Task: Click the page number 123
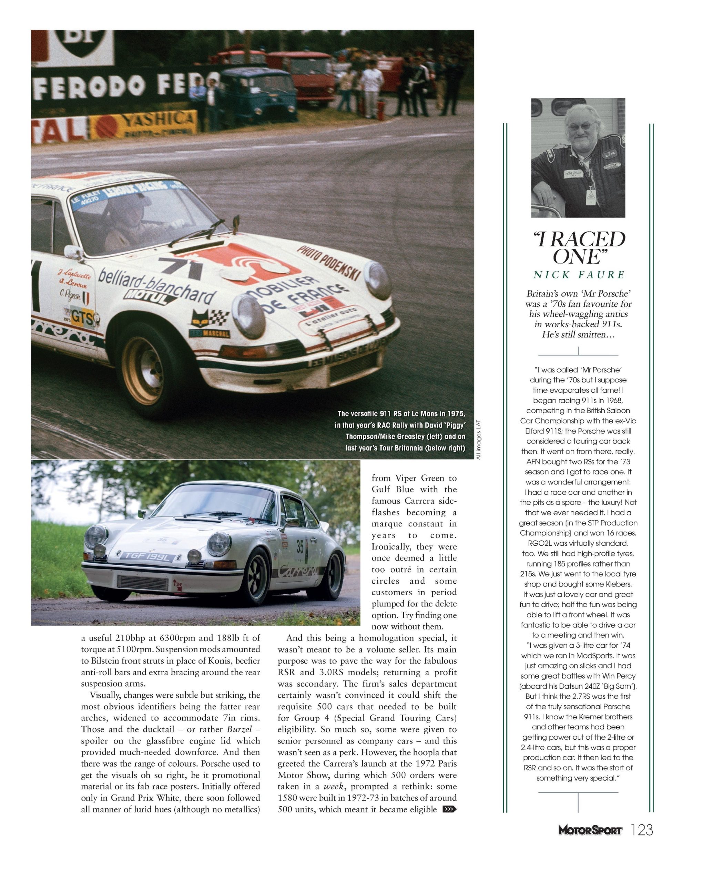[642, 830]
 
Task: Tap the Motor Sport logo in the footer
[590, 830]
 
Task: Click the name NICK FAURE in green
[579, 275]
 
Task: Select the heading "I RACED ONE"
[579, 248]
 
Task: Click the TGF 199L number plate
[147, 557]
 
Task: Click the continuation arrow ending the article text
[450, 809]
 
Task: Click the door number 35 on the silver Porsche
[300, 547]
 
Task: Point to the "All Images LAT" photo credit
[479, 439]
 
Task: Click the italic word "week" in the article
[333, 786]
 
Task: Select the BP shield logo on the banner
[85, 42]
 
